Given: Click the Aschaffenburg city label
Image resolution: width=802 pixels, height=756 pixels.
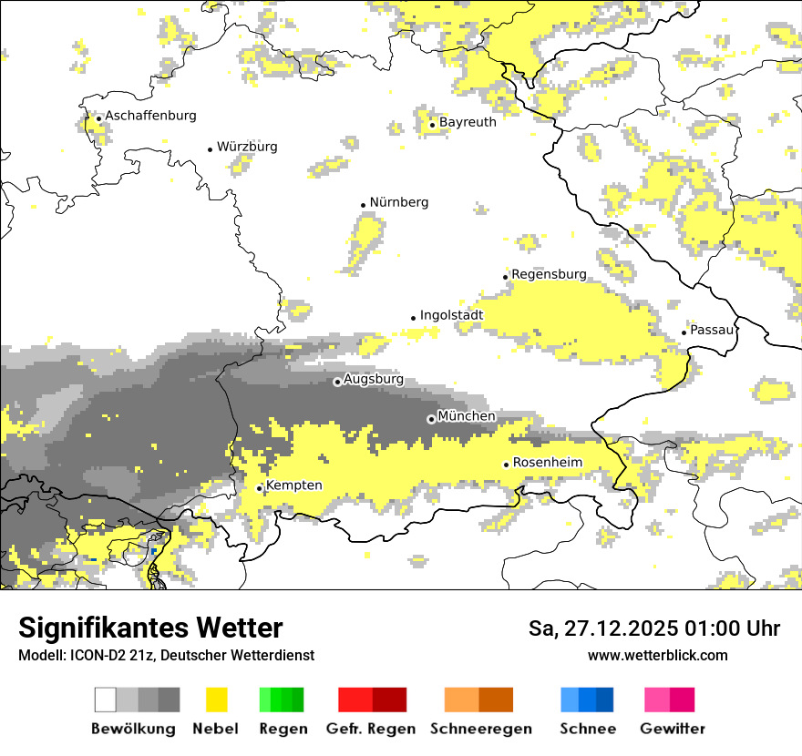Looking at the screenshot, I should (x=150, y=116).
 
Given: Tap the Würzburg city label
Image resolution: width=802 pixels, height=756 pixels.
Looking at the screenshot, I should (x=247, y=147).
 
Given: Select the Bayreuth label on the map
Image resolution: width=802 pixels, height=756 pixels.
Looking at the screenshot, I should (x=468, y=122).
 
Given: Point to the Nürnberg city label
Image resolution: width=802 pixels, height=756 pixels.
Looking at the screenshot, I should (x=398, y=202).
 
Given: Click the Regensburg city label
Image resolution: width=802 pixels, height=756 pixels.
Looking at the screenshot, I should (x=549, y=274).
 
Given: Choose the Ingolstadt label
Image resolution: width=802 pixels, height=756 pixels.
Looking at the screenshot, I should (x=451, y=315).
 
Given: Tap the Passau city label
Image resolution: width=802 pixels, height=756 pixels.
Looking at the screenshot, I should (x=712, y=330).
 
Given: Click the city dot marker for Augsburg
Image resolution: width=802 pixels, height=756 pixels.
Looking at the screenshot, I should (x=337, y=382).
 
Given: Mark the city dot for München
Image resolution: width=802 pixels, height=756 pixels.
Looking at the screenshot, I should (x=431, y=419).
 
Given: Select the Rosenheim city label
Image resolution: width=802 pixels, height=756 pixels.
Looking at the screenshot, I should (x=547, y=463).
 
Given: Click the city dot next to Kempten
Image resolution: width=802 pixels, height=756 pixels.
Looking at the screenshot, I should (x=260, y=488).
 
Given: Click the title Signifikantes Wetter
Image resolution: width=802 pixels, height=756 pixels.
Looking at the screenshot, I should (x=150, y=628).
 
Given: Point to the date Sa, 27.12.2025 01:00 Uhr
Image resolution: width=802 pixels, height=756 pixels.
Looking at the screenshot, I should (x=654, y=628).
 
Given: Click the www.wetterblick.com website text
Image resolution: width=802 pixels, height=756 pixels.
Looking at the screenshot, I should (x=657, y=656).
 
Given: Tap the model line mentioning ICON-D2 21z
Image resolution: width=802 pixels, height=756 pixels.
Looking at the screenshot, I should (x=166, y=656).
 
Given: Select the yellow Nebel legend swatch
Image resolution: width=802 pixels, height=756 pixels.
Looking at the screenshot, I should (x=216, y=700).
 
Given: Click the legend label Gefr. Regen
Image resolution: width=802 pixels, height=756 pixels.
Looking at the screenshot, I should (x=371, y=729).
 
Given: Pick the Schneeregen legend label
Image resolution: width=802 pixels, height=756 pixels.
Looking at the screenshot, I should (x=480, y=729).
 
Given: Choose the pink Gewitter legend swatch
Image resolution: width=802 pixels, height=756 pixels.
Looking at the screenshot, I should (x=657, y=700).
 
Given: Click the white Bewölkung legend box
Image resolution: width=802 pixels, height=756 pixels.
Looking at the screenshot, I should (x=106, y=700).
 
